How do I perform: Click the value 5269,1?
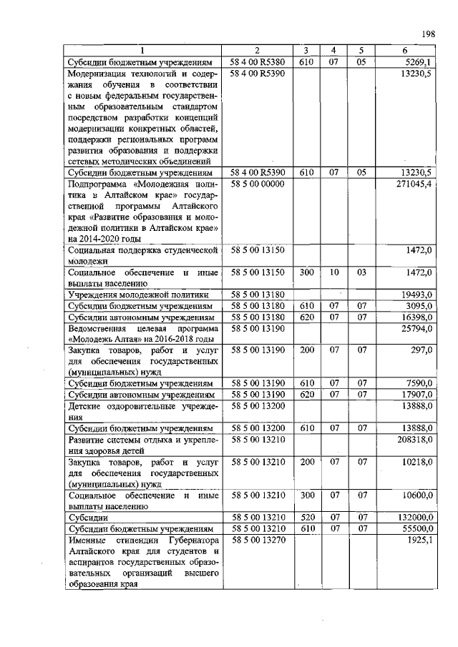pos(416,62)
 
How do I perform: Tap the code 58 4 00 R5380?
pos(258,62)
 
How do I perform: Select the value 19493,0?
pos(416,293)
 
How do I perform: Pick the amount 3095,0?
pos(418,305)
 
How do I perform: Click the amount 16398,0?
pos(416,317)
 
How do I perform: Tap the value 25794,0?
pos(416,328)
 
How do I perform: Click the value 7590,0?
pos(418,383)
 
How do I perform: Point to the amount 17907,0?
pos(416,395)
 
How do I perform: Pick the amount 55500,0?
pos(416,528)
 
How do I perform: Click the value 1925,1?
pos(418,540)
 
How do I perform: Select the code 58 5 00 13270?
pos(258,540)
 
